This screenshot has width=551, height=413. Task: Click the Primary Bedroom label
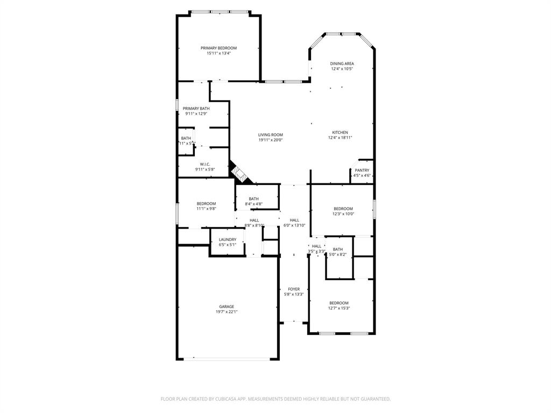[218, 48]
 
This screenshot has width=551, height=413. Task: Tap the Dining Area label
[342, 63]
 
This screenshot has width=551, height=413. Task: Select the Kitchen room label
[340, 132]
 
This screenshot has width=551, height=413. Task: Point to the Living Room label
[270, 135]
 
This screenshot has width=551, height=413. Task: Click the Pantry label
[362, 170]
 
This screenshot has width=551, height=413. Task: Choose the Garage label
[226, 307]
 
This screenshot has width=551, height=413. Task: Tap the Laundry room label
[227, 239]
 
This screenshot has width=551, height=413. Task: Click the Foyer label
[294, 289]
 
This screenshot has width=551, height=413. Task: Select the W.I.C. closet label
[204, 165]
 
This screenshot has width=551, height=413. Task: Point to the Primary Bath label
[196, 109]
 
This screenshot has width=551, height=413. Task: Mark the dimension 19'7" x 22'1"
[226, 312]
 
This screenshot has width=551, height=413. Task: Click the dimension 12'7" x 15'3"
[339, 308]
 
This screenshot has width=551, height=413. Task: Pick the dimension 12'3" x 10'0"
[343, 214]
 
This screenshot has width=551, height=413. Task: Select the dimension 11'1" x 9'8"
[206, 209]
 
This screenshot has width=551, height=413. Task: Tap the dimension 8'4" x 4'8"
[253, 204]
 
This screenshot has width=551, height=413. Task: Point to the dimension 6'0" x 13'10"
[294, 225]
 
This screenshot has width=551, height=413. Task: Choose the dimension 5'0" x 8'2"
[337, 254]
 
